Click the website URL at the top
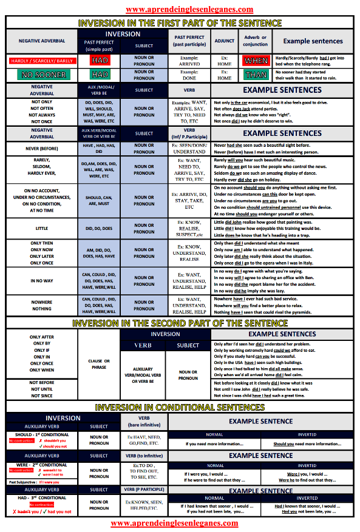pyautogui.click(x=180, y=10)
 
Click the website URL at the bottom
pyautogui.click(x=180, y=523)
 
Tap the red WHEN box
pyautogui.click(x=256, y=61)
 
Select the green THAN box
pyautogui.click(x=256, y=75)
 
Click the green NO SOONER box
pyautogui.click(x=42, y=75)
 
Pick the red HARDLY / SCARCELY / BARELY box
pyautogui.click(x=42, y=61)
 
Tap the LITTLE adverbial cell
pyautogui.click(x=42, y=228)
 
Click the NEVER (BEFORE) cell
pyautogui.click(x=42, y=147)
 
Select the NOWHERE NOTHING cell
pyautogui.click(x=42, y=305)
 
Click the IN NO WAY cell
pyautogui.click(x=42, y=281)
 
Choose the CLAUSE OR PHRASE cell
pyautogui.click(x=99, y=364)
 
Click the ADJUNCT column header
pyautogui.click(x=225, y=41)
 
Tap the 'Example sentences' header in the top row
pyautogui.click(x=313, y=41)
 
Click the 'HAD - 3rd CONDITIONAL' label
pyautogui.click(x=41, y=497)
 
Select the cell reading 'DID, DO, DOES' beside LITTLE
pyautogui.click(x=99, y=228)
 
